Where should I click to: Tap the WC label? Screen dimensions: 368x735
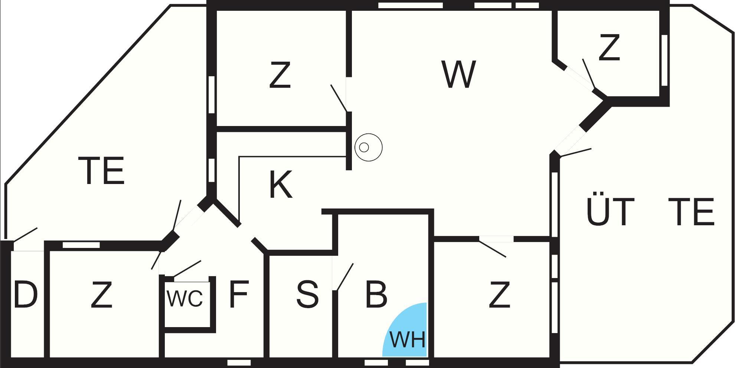click(185, 298)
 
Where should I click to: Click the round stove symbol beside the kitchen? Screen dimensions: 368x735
click(368, 147)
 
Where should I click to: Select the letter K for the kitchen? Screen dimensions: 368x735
click(280, 185)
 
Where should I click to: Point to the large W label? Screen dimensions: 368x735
click(459, 74)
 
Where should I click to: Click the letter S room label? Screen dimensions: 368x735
click(307, 295)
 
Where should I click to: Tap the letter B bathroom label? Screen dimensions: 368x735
click(376, 295)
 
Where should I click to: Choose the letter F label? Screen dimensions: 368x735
click(238, 295)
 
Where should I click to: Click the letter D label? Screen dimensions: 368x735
click(25, 295)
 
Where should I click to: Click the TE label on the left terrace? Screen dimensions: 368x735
click(101, 171)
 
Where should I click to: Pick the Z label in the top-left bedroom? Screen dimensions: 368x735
click(280, 75)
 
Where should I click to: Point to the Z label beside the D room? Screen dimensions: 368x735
click(101, 295)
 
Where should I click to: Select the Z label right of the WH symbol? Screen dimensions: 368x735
click(499, 295)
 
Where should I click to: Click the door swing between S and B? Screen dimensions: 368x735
click(344, 277)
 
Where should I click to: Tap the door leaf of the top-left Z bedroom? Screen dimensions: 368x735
click(339, 98)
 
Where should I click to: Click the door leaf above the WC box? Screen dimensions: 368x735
click(187, 268)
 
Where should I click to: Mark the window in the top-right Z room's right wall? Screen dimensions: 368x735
click(664, 60)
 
